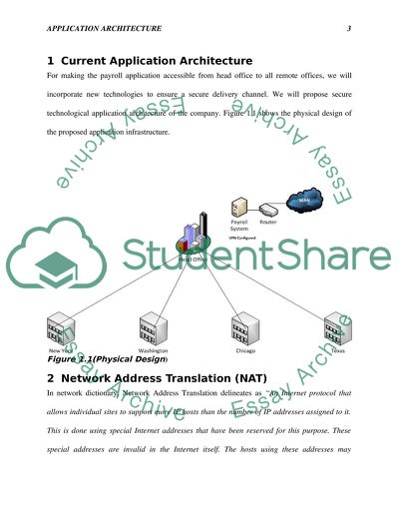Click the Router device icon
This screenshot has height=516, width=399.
pyautogui.click(x=267, y=208)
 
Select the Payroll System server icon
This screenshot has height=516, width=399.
pyautogui.click(x=238, y=208)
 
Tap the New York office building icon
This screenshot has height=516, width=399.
pyautogui.click(x=60, y=328)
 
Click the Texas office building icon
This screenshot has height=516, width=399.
pyautogui.click(x=337, y=328)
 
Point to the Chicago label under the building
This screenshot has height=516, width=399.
pyautogui.click(x=245, y=351)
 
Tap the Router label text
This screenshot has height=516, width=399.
pyautogui.click(x=268, y=222)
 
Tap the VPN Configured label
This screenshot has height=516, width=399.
pyautogui.click(x=241, y=241)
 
